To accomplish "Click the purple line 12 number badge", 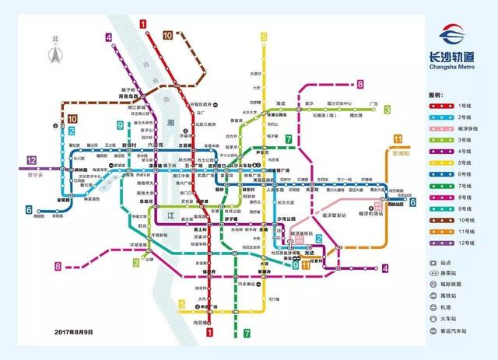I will coord(32,160).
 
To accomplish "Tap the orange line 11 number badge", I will coord(399,139).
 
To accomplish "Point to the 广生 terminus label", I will coord(373,103).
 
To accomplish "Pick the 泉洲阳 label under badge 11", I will coord(403,153).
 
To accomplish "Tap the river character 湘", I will coord(170,123).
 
